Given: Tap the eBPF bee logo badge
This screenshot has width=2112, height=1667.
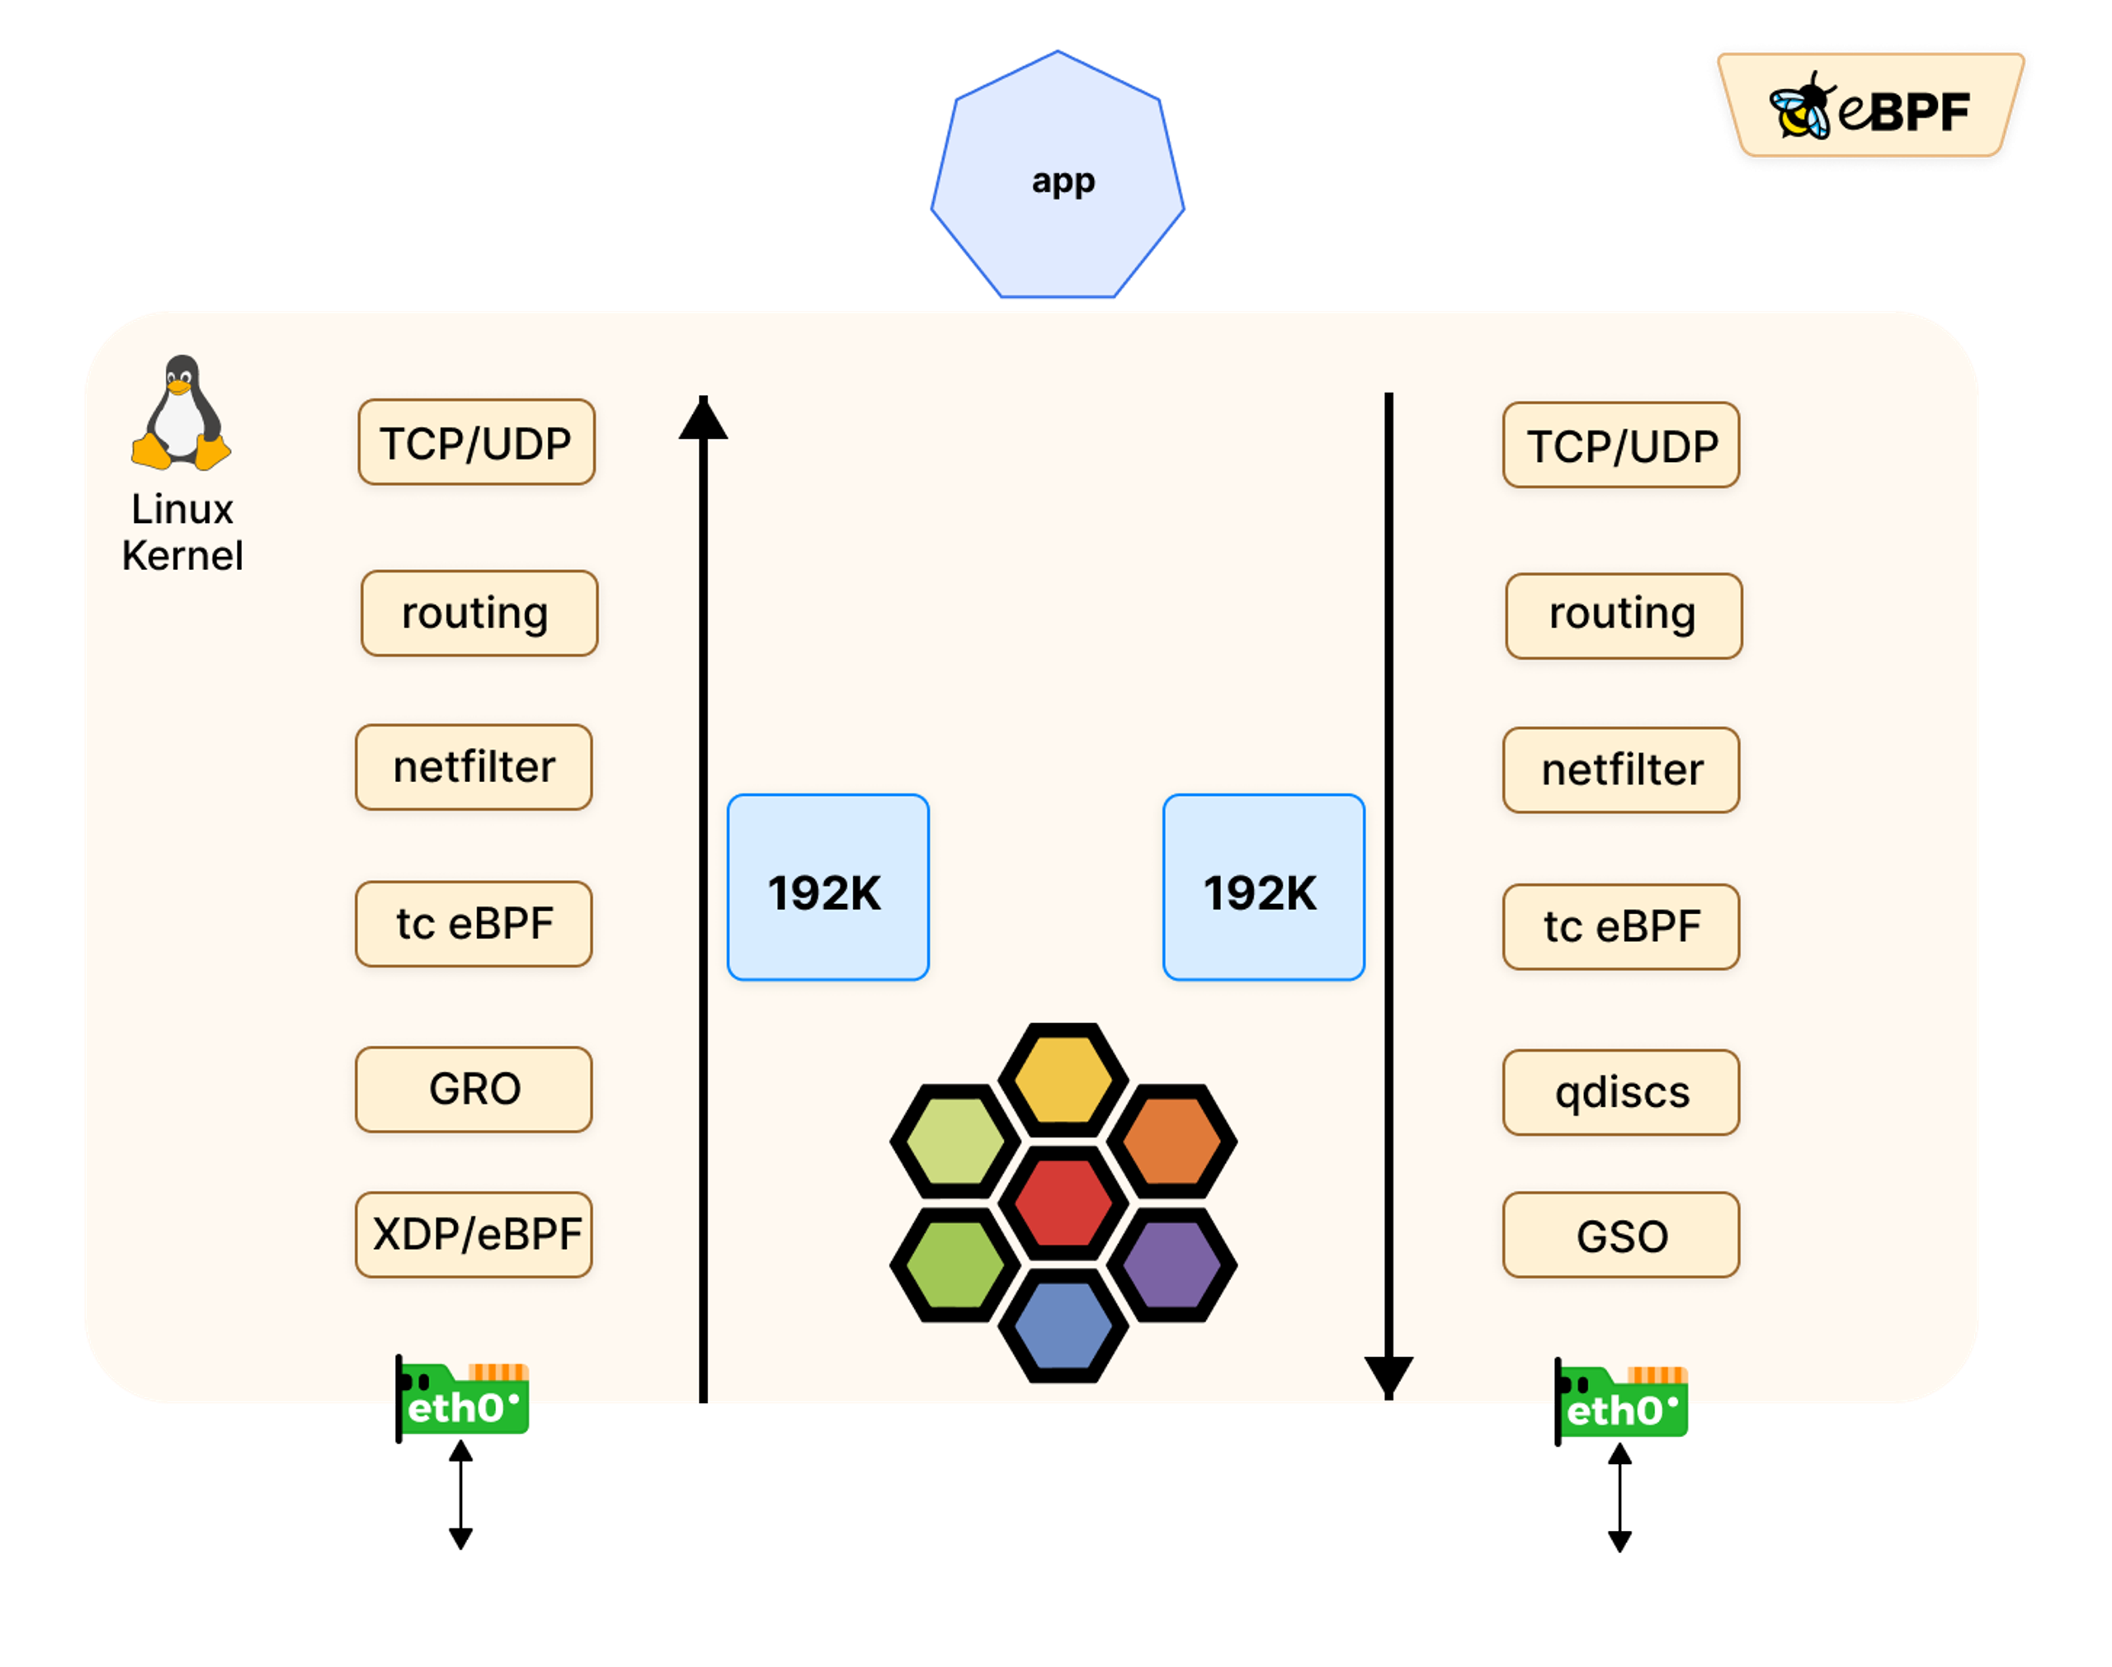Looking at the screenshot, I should [x=1871, y=107].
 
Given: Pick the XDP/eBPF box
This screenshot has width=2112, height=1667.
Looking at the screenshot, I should [x=474, y=1235].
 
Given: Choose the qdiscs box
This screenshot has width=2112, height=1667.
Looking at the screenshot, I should [x=1621, y=1092].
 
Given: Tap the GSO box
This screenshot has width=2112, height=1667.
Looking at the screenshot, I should [x=1621, y=1236].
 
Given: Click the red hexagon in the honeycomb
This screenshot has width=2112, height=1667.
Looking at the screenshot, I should [x=1063, y=1203].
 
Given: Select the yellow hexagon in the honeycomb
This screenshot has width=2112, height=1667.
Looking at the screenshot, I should [x=1063, y=1080].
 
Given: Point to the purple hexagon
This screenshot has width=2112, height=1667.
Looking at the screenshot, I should [x=1171, y=1264].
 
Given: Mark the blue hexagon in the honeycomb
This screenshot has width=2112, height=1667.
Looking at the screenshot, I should [x=1063, y=1326].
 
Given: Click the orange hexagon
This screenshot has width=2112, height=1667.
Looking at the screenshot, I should [x=1171, y=1141].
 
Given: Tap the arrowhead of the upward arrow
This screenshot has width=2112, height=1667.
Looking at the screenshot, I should [x=704, y=420].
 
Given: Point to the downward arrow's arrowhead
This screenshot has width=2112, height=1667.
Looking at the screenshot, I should [x=1388, y=1376].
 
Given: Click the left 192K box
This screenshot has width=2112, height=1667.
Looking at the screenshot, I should [x=827, y=888].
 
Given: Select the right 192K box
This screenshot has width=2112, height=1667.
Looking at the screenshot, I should [x=1264, y=888].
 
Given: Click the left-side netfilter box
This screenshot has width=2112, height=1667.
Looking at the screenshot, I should [x=474, y=767].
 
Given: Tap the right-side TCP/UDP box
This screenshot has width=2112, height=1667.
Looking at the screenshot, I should [x=1621, y=445].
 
